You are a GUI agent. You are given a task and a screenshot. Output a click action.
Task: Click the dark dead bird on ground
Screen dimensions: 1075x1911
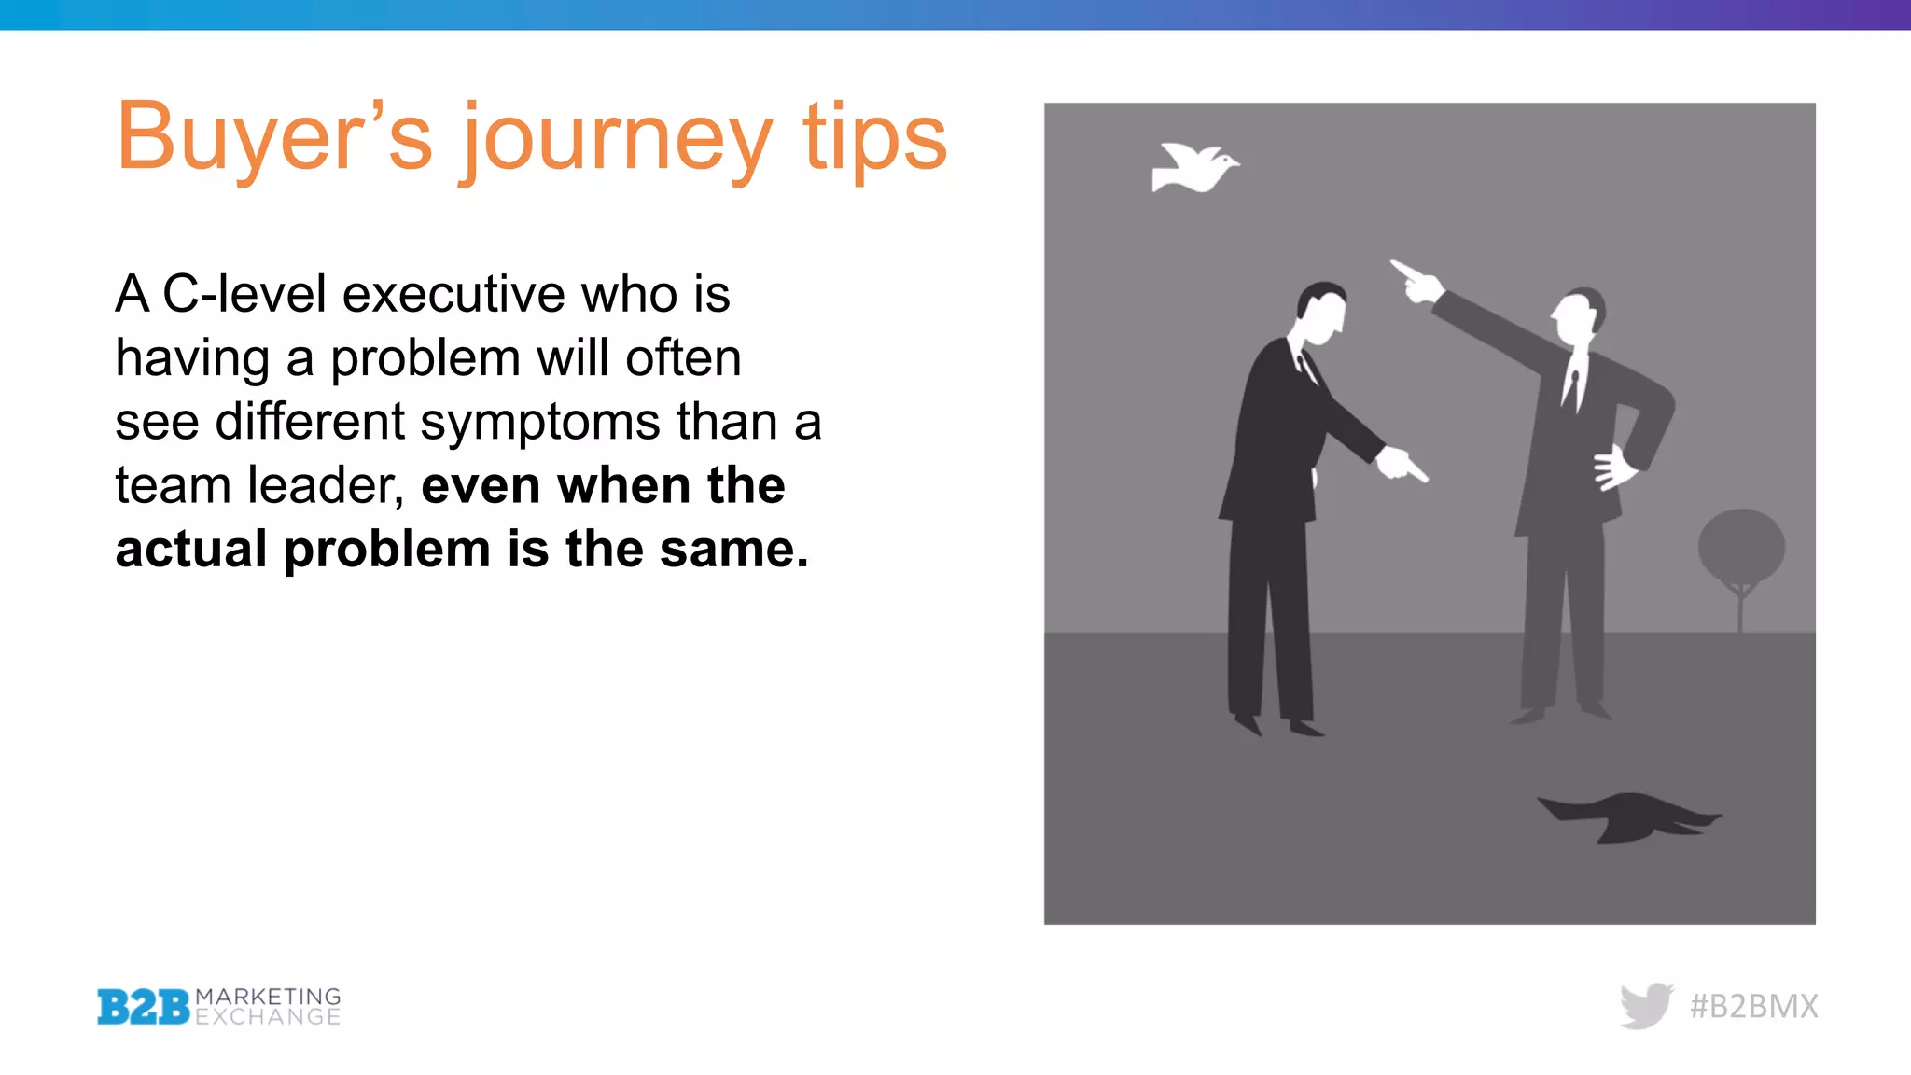tap(1628, 816)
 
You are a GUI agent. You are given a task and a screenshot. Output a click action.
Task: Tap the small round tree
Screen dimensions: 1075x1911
tap(1741, 551)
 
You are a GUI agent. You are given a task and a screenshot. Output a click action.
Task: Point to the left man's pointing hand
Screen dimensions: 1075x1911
tap(1400, 464)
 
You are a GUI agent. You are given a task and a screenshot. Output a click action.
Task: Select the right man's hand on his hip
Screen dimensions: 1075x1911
tap(1614, 468)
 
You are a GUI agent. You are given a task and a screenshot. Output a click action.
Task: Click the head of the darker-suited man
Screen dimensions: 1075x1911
tap(1322, 313)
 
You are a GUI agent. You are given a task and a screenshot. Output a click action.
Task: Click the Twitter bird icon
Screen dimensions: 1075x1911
tap(1646, 1005)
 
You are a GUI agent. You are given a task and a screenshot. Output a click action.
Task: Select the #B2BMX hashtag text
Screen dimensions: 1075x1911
tap(1753, 1006)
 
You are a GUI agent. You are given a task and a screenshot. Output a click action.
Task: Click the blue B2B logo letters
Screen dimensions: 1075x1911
tap(144, 1007)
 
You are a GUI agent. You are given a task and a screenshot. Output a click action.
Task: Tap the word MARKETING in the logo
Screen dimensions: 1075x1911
tap(268, 997)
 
